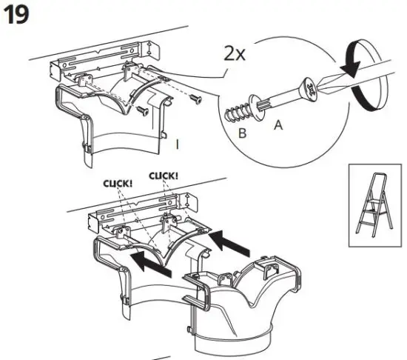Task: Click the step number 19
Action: [18, 16]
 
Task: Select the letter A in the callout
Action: [277, 125]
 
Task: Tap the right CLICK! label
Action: [165, 176]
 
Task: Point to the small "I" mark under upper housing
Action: [178, 144]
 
